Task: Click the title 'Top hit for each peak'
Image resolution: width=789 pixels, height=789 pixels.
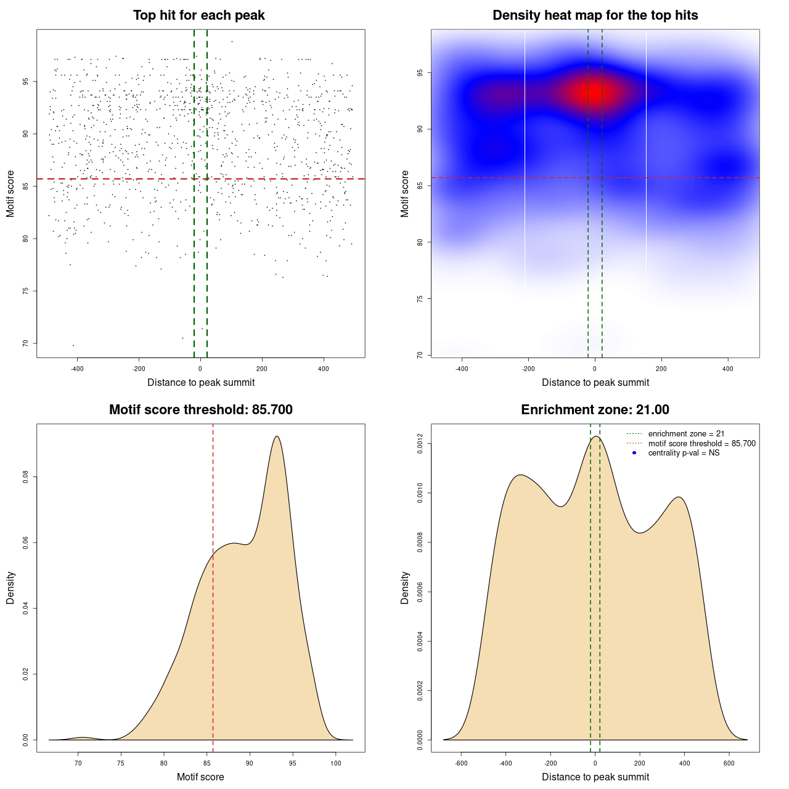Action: click(198, 15)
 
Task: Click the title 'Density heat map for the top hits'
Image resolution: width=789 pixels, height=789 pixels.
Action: click(595, 15)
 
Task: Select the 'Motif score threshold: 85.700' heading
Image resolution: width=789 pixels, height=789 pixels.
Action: click(200, 410)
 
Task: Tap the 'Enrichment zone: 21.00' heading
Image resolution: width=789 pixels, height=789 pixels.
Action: click(595, 410)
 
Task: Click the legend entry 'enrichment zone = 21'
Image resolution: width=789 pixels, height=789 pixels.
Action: click(686, 434)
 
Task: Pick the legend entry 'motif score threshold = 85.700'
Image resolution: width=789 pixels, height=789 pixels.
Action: click(701, 444)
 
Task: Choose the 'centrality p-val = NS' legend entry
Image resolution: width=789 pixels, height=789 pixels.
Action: click(684, 453)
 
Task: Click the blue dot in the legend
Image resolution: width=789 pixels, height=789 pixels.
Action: click(634, 453)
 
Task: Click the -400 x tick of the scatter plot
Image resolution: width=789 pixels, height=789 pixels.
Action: click(77, 369)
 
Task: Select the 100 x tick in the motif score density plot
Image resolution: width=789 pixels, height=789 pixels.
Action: click(335, 763)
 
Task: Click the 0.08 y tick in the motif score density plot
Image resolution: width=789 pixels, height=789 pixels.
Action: click(25, 477)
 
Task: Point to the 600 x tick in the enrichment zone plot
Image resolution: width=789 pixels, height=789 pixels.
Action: click(729, 763)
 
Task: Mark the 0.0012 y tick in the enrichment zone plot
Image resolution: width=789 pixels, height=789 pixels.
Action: click(420, 444)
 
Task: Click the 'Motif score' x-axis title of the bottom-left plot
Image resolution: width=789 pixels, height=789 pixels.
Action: click(200, 777)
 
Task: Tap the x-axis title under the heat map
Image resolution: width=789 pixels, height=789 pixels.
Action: click(595, 382)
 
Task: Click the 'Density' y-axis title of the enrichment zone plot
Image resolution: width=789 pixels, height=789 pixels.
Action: click(405, 587)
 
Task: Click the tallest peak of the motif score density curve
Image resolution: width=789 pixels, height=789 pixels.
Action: click(277, 436)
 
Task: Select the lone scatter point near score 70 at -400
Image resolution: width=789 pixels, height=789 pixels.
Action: click(73, 345)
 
